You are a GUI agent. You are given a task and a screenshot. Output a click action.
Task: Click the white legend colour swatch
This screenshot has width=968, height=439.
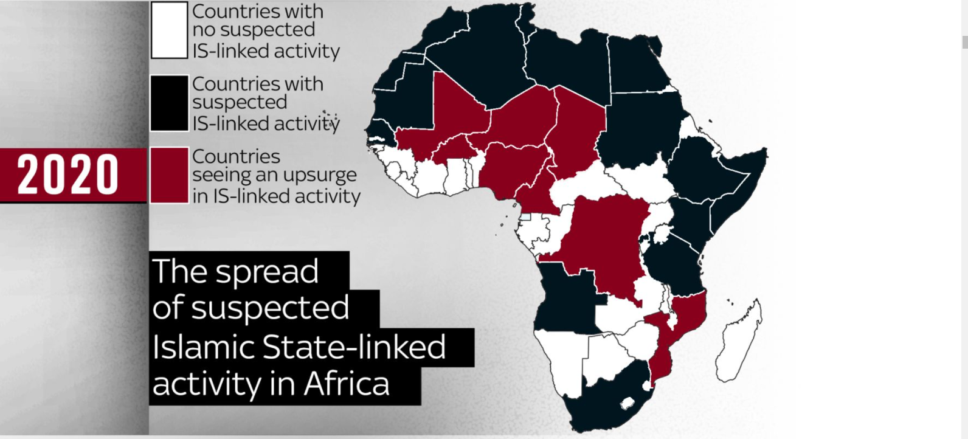coord(169,30)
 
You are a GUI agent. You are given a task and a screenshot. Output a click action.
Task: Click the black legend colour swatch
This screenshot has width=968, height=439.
coord(169,103)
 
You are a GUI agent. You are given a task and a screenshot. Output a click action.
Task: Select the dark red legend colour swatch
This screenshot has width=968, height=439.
coord(169,175)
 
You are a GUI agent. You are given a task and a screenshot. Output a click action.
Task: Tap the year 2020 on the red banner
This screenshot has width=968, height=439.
coord(67,175)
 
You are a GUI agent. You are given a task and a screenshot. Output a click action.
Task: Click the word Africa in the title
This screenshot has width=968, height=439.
coord(347,384)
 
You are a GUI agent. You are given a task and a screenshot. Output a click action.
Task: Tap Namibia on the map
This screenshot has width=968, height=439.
coord(559,359)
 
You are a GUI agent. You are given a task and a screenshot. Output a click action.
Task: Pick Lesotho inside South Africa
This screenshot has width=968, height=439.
coord(626,403)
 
